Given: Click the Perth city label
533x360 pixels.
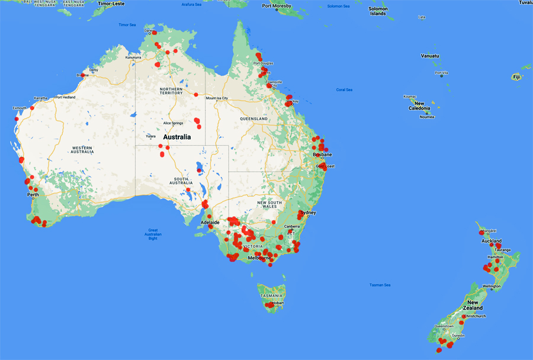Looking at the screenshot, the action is pyautogui.click(x=33, y=194).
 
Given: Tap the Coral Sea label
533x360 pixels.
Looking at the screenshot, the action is pyautogui.click(x=344, y=89).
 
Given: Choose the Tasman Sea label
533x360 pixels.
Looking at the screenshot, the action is pyautogui.click(x=380, y=285).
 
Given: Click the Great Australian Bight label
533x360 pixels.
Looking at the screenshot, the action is pyautogui.click(x=153, y=234).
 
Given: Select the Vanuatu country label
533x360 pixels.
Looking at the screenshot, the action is pyautogui.click(x=431, y=56).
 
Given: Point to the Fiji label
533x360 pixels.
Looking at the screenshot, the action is pyautogui.click(x=516, y=77).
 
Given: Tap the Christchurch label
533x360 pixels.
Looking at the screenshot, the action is pyautogui.click(x=475, y=316).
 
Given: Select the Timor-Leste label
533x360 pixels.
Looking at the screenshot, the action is pyautogui.click(x=111, y=4).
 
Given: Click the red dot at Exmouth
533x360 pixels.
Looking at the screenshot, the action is pyautogui.click(x=32, y=108).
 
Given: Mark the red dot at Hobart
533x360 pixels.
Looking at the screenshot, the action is pyautogui.click(x=271, y=304).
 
